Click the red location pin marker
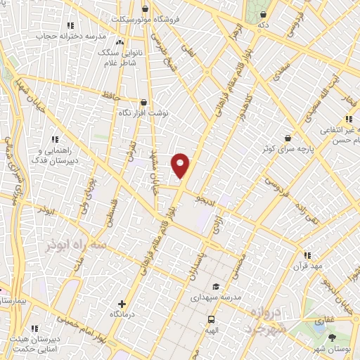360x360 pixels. point(181,166)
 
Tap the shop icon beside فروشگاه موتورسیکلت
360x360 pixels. point(146,9)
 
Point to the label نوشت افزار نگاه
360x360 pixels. point(144,111)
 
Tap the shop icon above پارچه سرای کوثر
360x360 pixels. point(288,139)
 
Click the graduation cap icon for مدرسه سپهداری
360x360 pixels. point(216,286)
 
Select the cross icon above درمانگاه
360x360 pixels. point(123,304)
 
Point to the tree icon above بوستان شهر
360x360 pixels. point(332,337)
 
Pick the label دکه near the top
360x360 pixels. point(264,25)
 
